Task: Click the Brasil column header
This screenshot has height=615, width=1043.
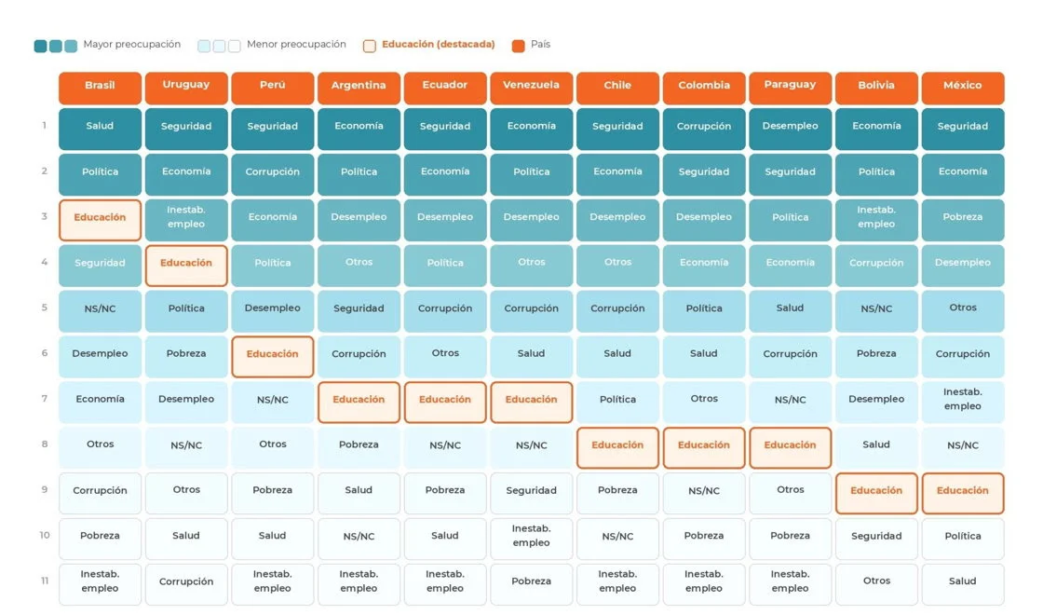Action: coord(100,88)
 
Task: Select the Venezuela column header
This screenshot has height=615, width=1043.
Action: coord(532,88)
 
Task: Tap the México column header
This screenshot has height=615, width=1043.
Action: coord(963,88)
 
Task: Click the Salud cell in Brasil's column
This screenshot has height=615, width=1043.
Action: coord(100,130)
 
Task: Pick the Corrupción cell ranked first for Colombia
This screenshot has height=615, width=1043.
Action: coord(704,130)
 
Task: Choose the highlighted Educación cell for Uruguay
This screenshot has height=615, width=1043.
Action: coord(186,266)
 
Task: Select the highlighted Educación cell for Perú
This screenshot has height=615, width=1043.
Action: coord(273,357)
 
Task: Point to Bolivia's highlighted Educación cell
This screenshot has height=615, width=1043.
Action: coord(876,493)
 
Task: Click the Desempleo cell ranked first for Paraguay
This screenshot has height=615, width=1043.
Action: coord(791,130)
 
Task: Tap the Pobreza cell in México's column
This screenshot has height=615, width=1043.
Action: coord(963,220)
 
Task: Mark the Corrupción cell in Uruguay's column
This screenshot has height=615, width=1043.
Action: coord(186,584)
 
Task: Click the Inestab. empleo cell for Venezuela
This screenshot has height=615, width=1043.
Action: coord(532,539)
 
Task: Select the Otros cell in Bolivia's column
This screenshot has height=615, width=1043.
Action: coord(876,584)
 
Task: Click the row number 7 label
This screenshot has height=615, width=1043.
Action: coord(45,399)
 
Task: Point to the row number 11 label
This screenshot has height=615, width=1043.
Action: coord(45,581)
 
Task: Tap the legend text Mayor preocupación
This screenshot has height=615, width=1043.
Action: coord(131,45)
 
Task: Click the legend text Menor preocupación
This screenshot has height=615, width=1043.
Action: coord(296,45)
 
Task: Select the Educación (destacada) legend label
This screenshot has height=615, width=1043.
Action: coord(439,45)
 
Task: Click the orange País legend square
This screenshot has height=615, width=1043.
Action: coord(518,46)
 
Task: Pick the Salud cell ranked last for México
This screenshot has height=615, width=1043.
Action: coord(963,584)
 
